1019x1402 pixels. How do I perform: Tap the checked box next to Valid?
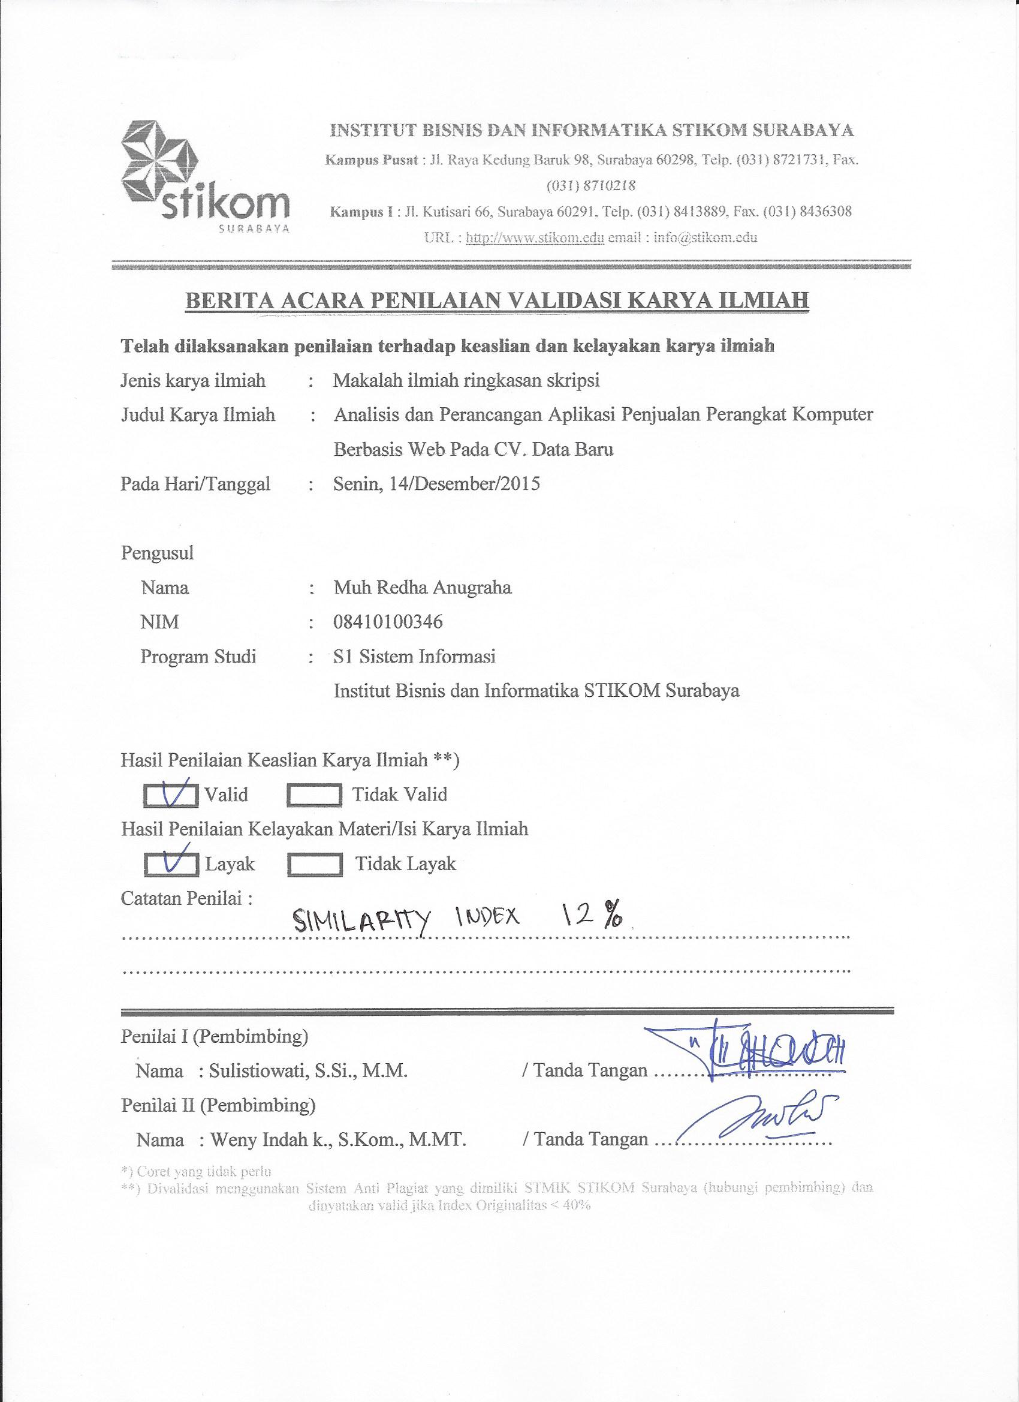tap(172, 796)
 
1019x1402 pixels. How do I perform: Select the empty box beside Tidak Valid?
tap(315, 796)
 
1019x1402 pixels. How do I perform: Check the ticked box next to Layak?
tap(172, 865)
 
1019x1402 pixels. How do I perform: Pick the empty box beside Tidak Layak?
tap(315, 865)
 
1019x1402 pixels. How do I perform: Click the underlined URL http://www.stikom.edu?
tap(535, 237)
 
